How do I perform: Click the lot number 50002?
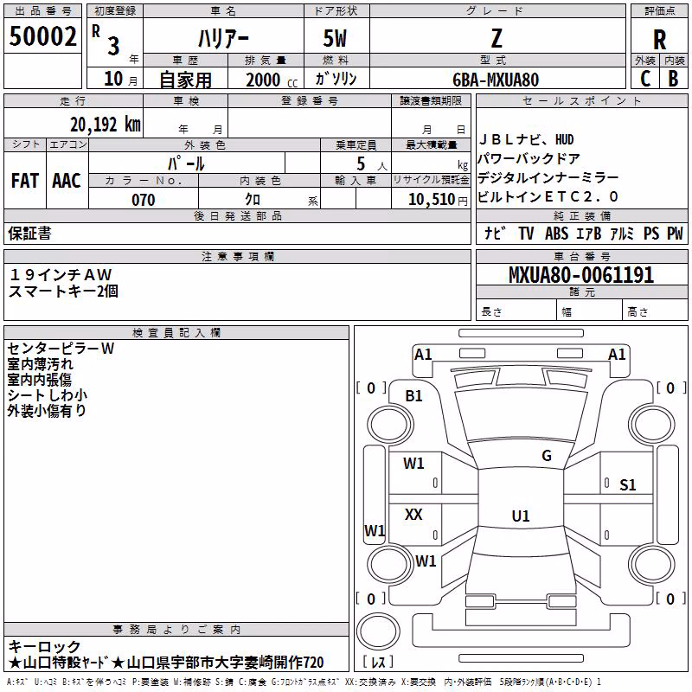point(42,36)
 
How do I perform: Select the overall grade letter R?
point(659,40)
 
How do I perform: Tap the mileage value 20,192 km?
point(106,125)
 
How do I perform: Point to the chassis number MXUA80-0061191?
point(581,274)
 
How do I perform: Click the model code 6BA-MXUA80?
point(496,80)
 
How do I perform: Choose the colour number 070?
point(144,200)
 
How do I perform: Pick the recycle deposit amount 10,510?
point(432,200)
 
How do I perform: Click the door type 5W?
point(335,39)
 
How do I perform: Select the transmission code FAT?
point(25,181)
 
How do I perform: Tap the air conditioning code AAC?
point(67,181)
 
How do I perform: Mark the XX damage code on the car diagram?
point(413,514)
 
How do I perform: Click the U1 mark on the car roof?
point(521,516)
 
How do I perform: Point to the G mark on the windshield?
point(547,455)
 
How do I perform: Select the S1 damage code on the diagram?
point(628,485)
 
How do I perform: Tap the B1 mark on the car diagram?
point(414,396)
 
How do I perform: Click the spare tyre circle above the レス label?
point(378,631)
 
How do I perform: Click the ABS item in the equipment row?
point(556,234)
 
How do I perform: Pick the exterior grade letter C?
point(645,79)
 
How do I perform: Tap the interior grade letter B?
point(673,79)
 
